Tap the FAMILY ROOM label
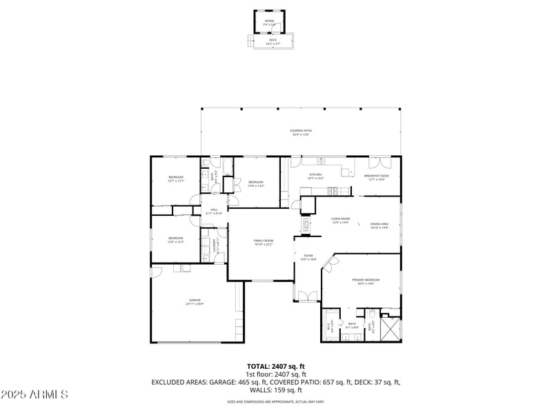point(264,240)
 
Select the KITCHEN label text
point(315,174)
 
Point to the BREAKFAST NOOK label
point(377,175)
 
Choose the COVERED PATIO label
point(299,130)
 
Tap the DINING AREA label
point(379,223)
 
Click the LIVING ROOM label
point(341,219)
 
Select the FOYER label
point(308,255)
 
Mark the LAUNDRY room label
point(219,247)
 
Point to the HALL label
point(214,209)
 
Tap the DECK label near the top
point(273,39)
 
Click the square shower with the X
point(391,330)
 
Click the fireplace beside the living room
point(305,224)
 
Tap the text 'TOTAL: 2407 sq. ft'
point(276,366)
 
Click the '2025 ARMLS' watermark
point(34,395)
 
